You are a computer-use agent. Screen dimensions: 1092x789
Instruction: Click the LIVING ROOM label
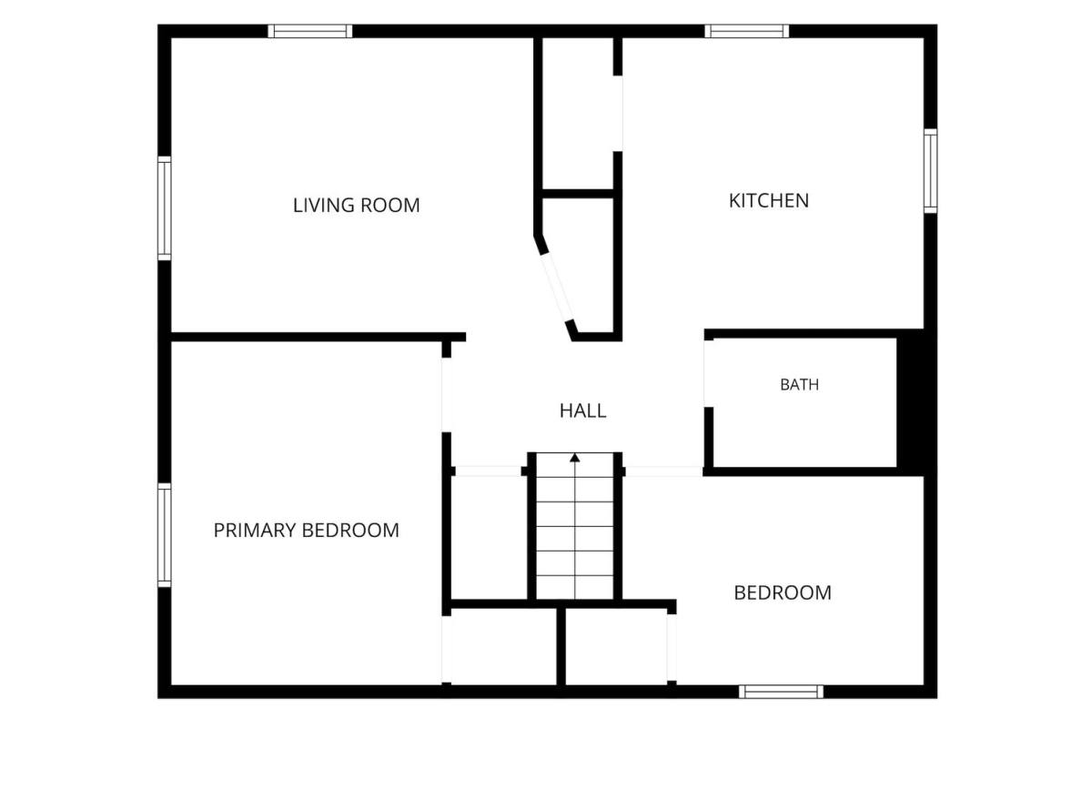pyautogui.click(x=357, y=206)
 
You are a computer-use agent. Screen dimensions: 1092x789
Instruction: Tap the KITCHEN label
pyautogui.click(x=769, y=201)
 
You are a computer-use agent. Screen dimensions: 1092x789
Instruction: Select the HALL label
pyautogui.click(x=583, y=411)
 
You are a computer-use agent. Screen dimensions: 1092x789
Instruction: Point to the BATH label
pyautogui.click(x=800, y=385)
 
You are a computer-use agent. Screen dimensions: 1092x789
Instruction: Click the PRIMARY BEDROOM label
pyautogui.click(x=306, y=530)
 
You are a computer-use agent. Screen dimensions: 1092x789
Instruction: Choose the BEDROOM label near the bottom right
pyautogui.click(x=783, y=593)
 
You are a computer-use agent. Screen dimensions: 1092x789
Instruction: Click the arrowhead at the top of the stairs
pyautogui.click(x=575, y=458)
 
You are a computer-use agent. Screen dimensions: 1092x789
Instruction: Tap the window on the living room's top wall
pyautogui.click(x=310, y=31)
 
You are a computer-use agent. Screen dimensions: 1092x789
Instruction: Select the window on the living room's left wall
pyautogui.click(x=165, y=208)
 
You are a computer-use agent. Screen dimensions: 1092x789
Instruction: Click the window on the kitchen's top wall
pyautogui.click(x=747, y=31)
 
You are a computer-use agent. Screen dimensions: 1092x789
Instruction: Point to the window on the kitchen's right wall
pyautogui.click(x=931, y=171)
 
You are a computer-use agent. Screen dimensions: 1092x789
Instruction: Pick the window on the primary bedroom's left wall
pyautogui.click(x=165, y=535)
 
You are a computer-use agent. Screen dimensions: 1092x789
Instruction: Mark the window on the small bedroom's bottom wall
pyautogui.click(x=781, y=692)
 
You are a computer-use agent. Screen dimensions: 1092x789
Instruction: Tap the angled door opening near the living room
pyautogui.click(x=558, y=288)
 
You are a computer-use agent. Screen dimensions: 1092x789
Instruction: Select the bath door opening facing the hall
pyautogui.click(x=709, y=373)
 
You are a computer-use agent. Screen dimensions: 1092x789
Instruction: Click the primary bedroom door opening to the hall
pyautogui.click(x=447, y=395)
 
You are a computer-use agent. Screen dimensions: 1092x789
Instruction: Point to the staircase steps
pyautogui.click(x=575, y=526)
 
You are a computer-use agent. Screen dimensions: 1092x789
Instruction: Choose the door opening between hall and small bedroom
pyautogui.click(x=664, y=471)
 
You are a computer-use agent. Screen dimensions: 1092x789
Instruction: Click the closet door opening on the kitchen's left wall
pyautogui.click(x=618, y=114)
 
